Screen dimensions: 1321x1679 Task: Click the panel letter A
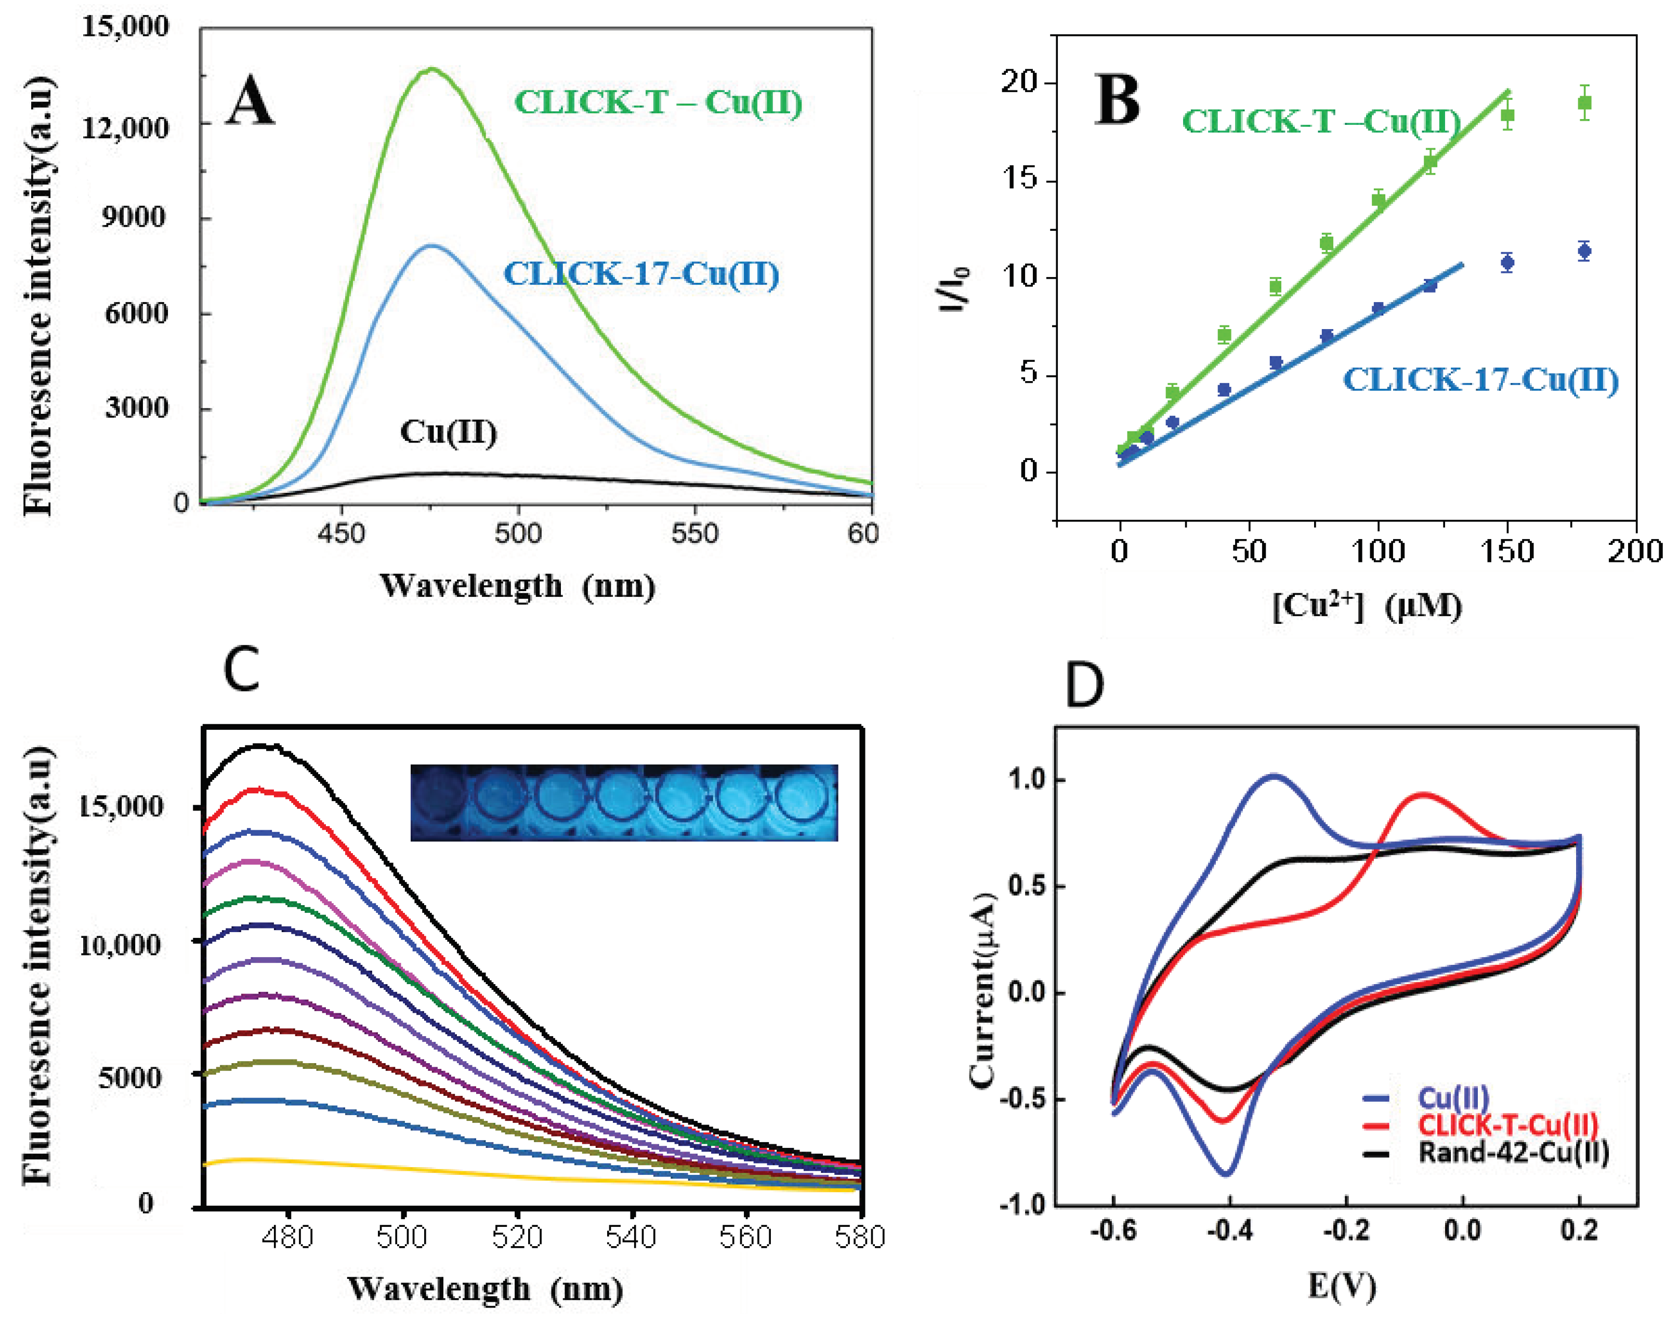(250, 102)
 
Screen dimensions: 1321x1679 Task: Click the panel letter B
(1118, 101)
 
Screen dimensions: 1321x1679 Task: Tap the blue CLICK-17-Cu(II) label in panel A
(641, 274)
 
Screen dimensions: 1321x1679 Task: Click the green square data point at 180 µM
(1584, 103)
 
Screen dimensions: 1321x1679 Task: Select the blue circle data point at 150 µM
(1506, 263)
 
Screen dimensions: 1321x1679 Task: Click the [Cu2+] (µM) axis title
(1367, 606)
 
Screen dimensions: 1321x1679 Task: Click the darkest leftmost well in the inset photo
(439, 802)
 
